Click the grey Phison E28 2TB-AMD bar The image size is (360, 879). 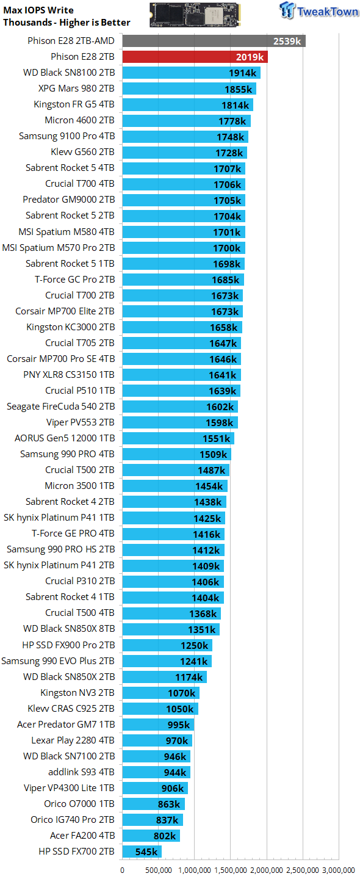click(214, 41)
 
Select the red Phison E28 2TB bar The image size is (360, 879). click(195, 57)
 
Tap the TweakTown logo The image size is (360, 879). click(319, 10)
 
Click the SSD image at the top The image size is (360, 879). click(195, 15)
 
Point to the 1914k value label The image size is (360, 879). click(242, 73)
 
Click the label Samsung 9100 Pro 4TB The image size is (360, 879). click(67, 136)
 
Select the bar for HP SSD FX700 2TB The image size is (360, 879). click(142, 852)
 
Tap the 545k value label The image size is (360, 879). click(146, 852)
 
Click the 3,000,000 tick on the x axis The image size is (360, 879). click(339, 870)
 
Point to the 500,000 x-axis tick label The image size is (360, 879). click(159, 870)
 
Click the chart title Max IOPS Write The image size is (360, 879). click(38, 10)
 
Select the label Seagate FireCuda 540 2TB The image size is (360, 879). click(61, 407)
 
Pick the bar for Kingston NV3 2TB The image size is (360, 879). click(161, 693)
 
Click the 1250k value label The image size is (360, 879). click(194, 646)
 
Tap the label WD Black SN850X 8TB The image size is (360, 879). click(69, 629)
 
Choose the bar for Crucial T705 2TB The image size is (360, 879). click(182, 343)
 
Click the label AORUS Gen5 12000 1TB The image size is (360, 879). click(65, 438)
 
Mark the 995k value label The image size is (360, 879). click(178, 725)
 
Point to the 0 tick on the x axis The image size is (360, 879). click(123, 870)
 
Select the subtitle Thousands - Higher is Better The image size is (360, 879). click(67, 23)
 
